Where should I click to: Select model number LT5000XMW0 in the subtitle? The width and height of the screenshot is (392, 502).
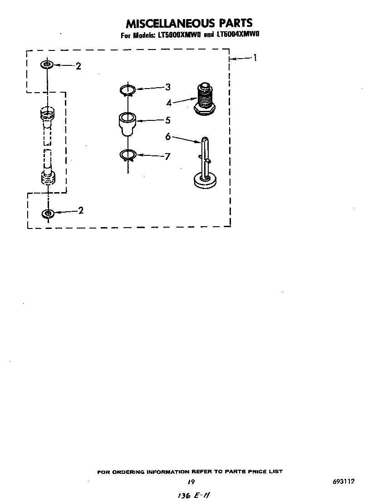(179, 35)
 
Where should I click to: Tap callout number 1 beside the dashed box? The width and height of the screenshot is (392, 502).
(255, 58)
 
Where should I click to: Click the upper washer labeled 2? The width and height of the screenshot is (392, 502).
(47, 65)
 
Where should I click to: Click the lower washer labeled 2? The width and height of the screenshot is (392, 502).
(48, 213)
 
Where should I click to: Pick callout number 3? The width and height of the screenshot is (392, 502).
(167, 87)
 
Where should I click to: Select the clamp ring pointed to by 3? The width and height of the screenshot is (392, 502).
(127, 90)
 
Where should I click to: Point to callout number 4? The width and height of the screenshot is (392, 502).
(169, 103)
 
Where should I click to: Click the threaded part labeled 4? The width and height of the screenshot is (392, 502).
(205, 99)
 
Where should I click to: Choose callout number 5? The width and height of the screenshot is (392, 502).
(168, 120)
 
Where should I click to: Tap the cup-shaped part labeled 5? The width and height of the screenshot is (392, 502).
(127, 124)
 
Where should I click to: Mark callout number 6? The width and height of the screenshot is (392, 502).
(168, 137)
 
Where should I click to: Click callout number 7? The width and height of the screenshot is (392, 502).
(167, 157)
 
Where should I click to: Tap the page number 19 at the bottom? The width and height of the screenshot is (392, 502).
(191, 481)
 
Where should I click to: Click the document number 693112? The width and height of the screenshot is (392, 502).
(343, 481)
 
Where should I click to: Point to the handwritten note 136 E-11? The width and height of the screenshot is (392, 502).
(194, 496)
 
